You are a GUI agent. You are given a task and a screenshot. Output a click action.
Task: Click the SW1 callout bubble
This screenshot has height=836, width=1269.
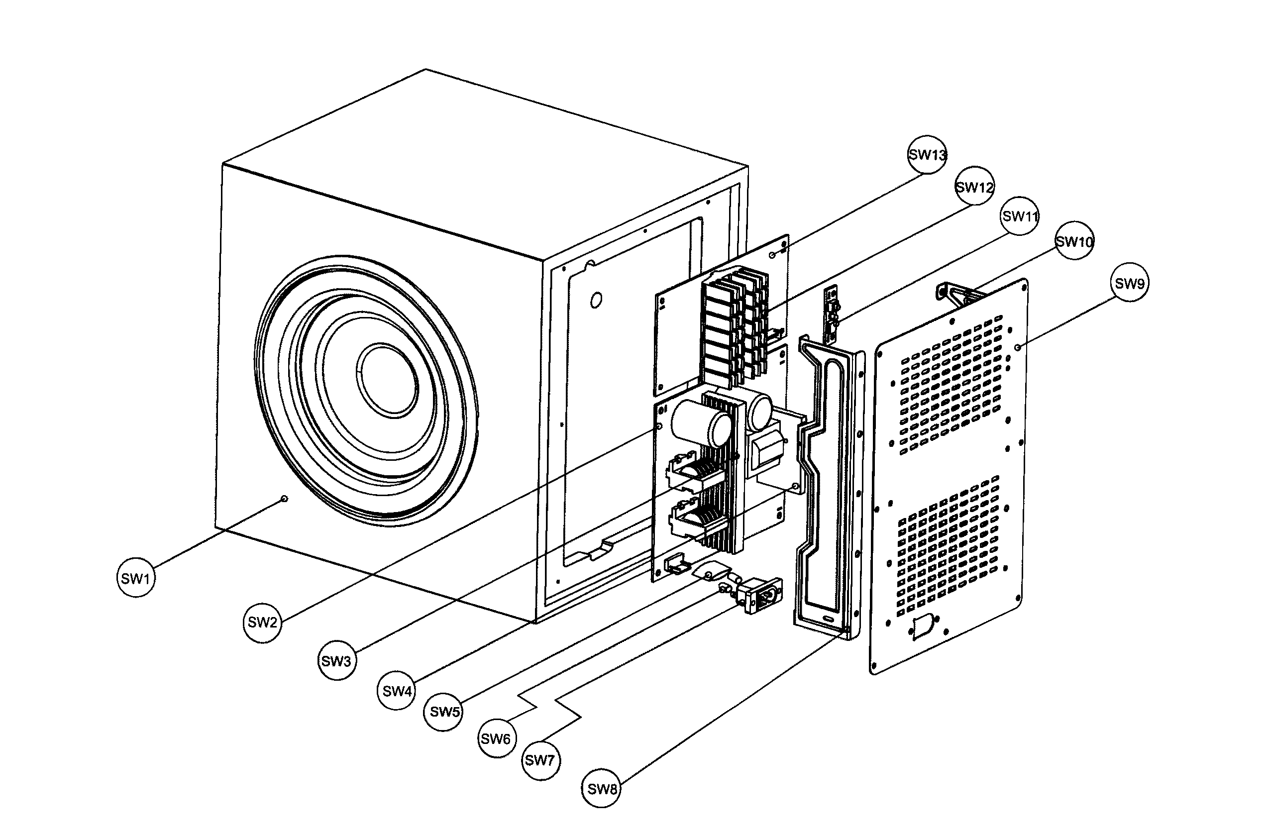coord(135,578)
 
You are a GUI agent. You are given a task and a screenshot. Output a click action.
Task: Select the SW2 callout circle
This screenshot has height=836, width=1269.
coord(262,622)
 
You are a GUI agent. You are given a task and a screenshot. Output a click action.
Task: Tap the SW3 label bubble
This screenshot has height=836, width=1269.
coord(336,661)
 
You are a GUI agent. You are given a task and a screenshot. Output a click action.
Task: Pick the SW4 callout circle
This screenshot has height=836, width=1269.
coord(397,692)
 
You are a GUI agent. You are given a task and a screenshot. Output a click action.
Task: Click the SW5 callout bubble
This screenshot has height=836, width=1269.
coord(444,712)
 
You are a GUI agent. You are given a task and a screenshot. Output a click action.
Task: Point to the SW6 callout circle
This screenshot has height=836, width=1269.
coord(497,739)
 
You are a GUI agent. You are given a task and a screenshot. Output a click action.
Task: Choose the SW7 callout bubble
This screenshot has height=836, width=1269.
coord(540,760)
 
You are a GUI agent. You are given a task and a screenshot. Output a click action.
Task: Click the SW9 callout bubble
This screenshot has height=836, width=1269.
coord(1129,283)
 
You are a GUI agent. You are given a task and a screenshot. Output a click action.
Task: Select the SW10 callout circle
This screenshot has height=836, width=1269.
coord(1074,241)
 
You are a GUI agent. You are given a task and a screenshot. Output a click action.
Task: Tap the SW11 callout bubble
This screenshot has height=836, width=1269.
coord(1020,216)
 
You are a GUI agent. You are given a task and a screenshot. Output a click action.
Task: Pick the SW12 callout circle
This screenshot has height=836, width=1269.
coord(974,187)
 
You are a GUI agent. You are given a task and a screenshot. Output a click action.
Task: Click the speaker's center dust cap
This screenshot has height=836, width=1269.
coord(387,380)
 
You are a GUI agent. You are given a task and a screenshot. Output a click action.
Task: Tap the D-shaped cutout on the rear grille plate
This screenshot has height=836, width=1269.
coord(923,627)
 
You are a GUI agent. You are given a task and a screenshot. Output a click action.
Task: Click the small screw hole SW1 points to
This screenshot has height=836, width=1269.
coord(284,499)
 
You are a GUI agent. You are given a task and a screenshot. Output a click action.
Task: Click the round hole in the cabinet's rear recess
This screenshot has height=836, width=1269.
coord(596,300)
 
